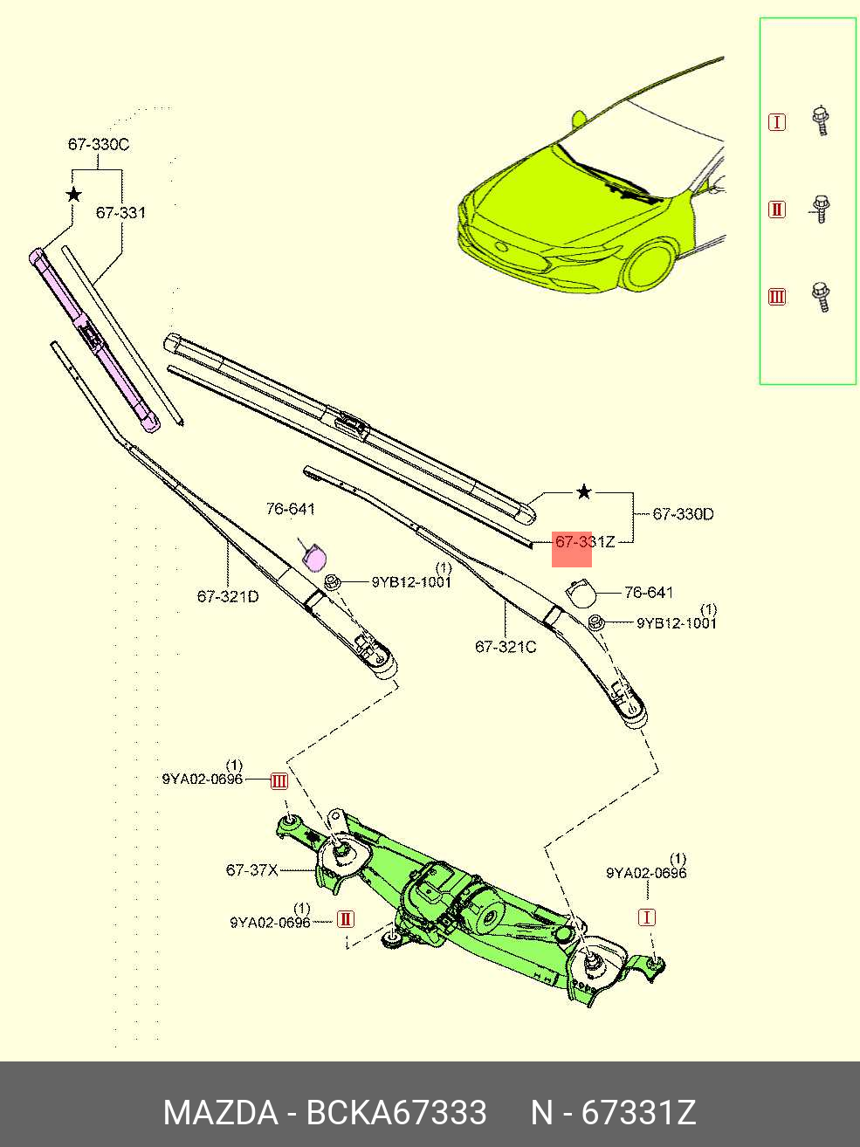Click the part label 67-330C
99,144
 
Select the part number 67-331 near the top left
120,212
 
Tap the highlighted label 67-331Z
584,542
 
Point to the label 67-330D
683,514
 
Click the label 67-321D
228,597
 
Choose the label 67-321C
506,647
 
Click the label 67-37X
252,869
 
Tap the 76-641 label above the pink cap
290,509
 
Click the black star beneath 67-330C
74,194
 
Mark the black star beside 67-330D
584,492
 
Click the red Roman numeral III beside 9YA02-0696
279,781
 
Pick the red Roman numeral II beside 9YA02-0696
346,919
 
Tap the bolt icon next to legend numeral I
820,120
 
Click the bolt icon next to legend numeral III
820,296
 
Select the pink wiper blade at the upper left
96,340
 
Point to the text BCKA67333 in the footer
396,1113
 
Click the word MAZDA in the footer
220,1113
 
